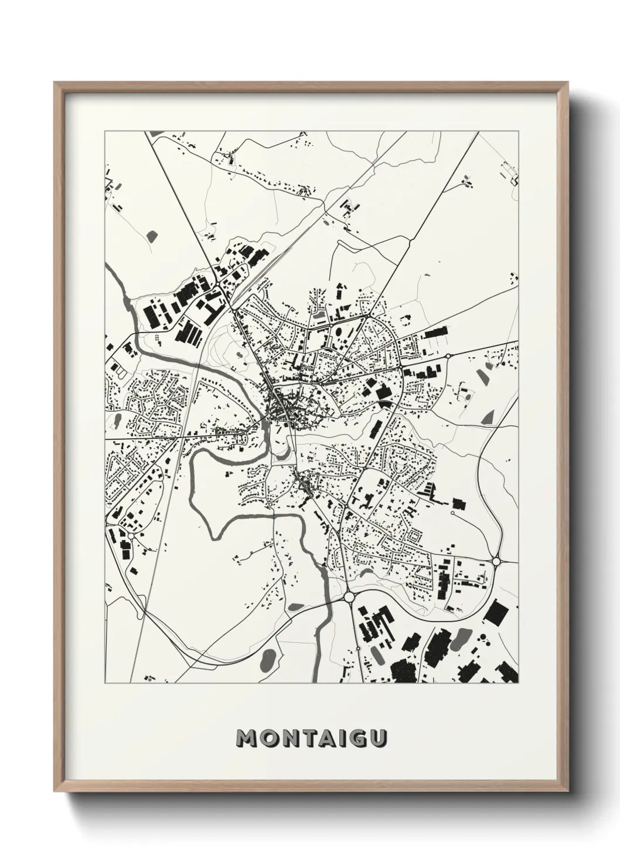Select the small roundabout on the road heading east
pyautogui.click(x=448, y=355)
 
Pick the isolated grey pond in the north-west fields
pyautogui.click(x=153, y=237)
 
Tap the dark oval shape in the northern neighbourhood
pyautogui.click(x=319, y=316)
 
